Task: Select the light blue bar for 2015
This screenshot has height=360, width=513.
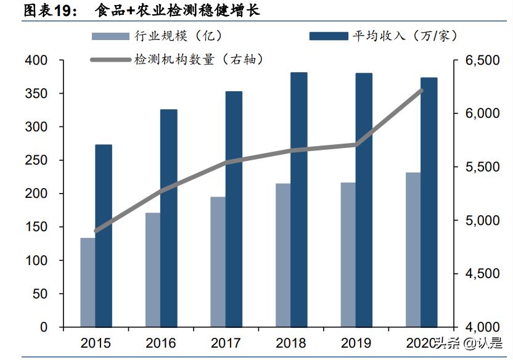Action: click(88, 282)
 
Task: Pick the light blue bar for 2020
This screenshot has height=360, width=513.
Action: click(413, 249)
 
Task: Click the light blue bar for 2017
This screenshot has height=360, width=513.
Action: click(218, 261)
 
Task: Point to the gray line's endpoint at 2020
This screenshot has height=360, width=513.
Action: click(422, 90)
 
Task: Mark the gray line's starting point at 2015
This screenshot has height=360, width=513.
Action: click(96, 231)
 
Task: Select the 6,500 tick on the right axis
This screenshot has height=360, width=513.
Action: click(475, 61)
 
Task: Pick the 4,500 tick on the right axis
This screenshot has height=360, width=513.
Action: click(475, 274)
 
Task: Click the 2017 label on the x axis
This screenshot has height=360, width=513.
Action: click(226, 343)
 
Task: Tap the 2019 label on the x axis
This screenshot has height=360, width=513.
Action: click(356, 343)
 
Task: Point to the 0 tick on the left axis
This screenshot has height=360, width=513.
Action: click(44, 327)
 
